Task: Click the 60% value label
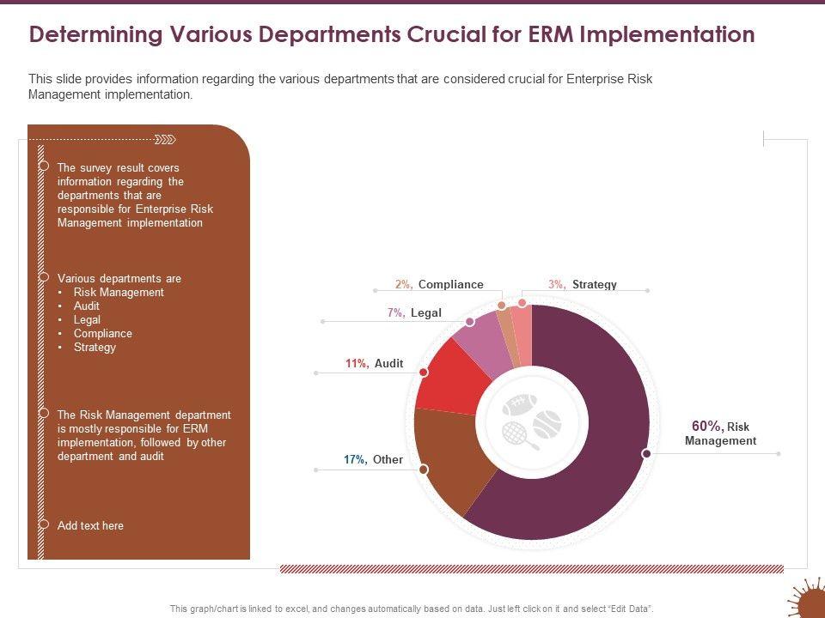(x=707, y=426)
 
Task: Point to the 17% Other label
(x=373, y=459)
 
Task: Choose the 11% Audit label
(x=374, y=363)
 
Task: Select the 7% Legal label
(x=414, y=312)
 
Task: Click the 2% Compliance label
(x=439, y=284)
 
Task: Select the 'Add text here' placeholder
(x=90, y=525)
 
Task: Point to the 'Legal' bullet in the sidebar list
(x=87, y=319)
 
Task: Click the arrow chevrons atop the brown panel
(x=165, y=139)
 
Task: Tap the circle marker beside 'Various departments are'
(x=43, y=276)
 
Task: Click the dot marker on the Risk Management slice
(x=646, y=453)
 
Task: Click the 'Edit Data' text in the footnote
(x=631, y=608)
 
